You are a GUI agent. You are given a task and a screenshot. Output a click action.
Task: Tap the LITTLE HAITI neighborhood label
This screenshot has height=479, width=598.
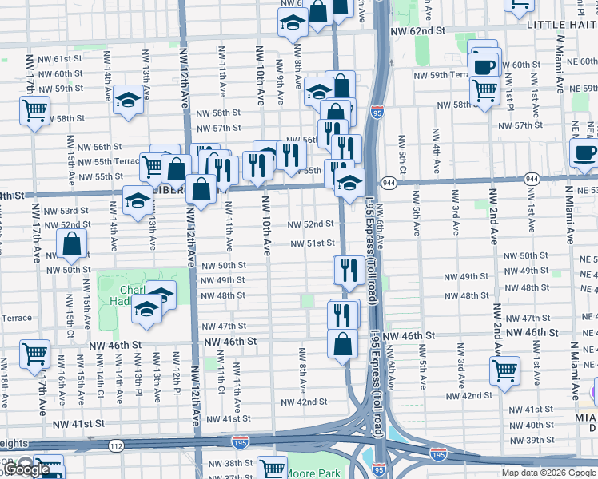pyautogui.click(x=562, y=25)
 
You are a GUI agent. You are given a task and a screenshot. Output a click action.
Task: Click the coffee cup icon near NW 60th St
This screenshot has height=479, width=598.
pyautogui.click(x=484, y=66)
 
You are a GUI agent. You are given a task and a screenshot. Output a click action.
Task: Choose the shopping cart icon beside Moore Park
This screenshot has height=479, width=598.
pyautogui.click(x=272, y=469)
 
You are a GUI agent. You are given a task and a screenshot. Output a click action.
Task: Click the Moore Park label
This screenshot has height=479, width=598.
pyautogui.click(x=317, y=473)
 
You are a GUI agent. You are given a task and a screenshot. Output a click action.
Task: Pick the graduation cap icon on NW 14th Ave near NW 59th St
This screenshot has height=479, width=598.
pyautogui.click(x=128, y=101)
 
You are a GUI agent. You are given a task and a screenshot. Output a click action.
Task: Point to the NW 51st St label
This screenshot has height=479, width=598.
pyautogui.click(x=311, y=243)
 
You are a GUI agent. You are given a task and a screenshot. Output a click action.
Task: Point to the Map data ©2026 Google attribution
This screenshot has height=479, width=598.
pyautogui.click(x=548, y=473)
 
